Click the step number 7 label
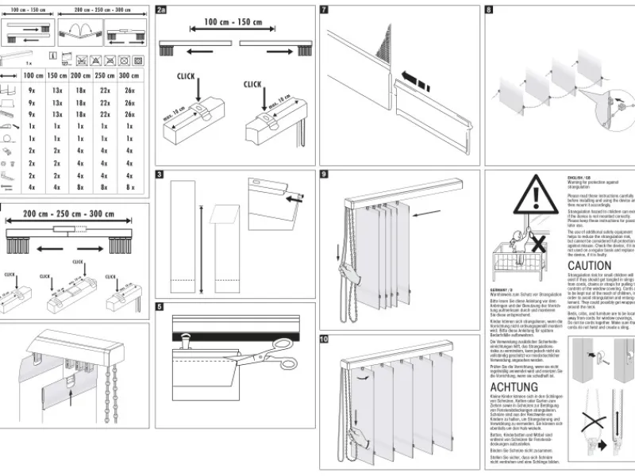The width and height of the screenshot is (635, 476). [x=325, y=10]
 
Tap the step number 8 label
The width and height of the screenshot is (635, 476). [x=489, y=10]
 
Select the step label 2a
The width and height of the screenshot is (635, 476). [x=161, y=10]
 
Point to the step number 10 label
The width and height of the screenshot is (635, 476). [x=325, y=339]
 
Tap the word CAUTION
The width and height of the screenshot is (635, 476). [x=590, y=266]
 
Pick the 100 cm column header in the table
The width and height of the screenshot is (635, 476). [x=33, y=75]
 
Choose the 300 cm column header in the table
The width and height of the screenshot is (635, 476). [x=129, y=75]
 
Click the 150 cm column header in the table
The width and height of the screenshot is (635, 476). [x=57, y=75]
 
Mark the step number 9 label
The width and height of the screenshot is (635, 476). [x=325, y=174]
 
